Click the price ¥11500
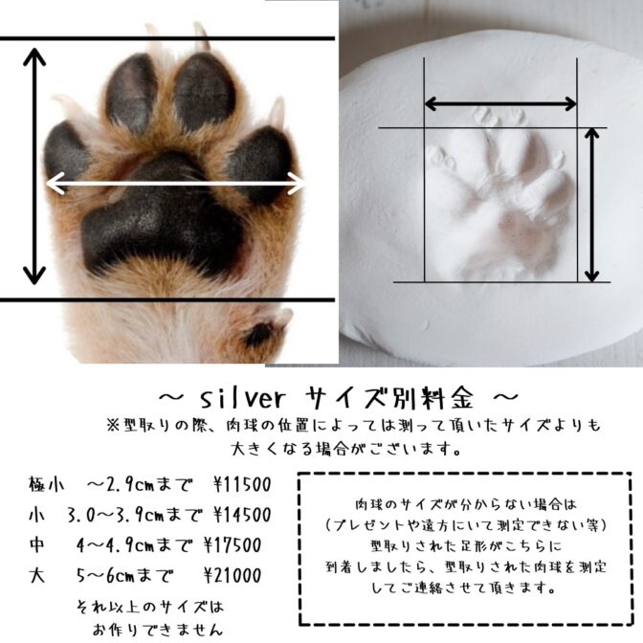point(242,485)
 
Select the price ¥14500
point(242,515)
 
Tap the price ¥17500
point(233,545)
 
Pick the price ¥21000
point(233,576)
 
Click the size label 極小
point(47,484)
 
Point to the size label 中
point(37,545)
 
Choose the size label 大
point(37,575)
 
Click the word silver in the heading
point(242,398)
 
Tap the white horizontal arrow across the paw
point(175,184)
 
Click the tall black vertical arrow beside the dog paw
point(34,166)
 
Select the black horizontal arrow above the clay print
point(500,103)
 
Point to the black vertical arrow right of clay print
point(591,205)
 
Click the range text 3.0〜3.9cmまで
point(135,515)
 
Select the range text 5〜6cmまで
point(124,576)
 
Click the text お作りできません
point(158,629)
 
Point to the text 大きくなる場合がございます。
point(346,449)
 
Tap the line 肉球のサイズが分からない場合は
point(466,504)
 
